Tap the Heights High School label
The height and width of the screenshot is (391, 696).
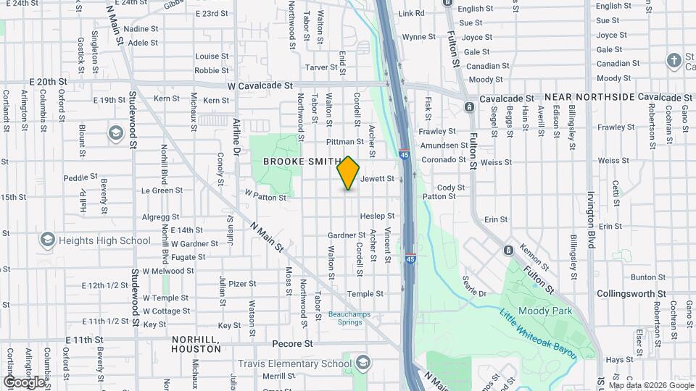coord(105,240)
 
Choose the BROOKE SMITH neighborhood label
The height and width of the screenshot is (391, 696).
coord(302,161)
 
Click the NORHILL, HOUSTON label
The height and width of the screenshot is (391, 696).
coord(196,343)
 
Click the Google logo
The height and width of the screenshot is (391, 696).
coord(23,382)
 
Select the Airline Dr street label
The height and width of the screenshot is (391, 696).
coord(236,137)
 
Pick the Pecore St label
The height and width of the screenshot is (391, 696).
coord(293,344)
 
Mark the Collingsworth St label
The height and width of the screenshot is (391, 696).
coord(631,294)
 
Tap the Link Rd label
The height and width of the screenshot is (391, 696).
coord(411,14)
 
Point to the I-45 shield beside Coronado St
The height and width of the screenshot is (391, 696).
coord(405,154)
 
